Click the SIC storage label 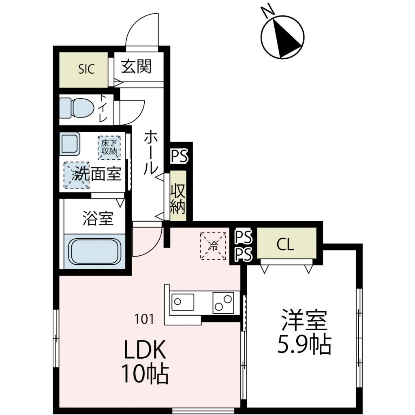[86, 69]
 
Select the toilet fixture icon [76, 108]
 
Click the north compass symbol [282, 36]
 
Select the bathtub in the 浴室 [95, 252]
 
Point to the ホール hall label [150, 152]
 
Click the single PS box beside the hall [179, 156]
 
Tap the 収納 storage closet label [178, 199]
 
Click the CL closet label [285, 245]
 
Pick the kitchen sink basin [183, 302]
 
